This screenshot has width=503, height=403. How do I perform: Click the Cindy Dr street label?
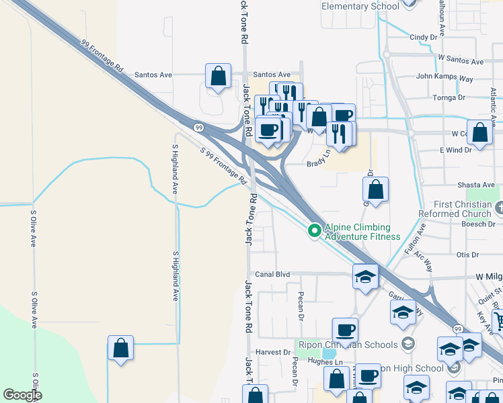pyautogui.click(x=424, y=38)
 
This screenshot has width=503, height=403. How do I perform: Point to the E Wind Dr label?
pyautogui.click(x=456, y=150)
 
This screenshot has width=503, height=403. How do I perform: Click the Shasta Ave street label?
pyautogui.click(x=475, y=185)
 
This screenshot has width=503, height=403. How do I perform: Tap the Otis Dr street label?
pyautogui.click(x=467, y=255)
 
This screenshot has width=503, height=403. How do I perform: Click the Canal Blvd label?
pyautogui.click(x=272, y=274)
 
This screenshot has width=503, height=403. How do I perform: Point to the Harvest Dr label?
pyautogui.click(x=272, y=352)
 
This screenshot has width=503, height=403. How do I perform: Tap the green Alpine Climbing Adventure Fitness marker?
pyautogui.click(x=313, y=231)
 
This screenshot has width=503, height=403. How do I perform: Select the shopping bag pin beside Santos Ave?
pyautogui.click(x=219, y=77)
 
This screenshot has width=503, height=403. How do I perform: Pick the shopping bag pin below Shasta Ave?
pyautogui.click(x=375, y=190)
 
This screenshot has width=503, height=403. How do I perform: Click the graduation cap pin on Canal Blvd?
pyautogui.click(x=365, y=277)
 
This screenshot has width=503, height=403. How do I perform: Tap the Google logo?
pyautogui.click(x=22, y=395)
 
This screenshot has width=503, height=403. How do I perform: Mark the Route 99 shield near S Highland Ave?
pyautogui.click(x=198, y=127)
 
